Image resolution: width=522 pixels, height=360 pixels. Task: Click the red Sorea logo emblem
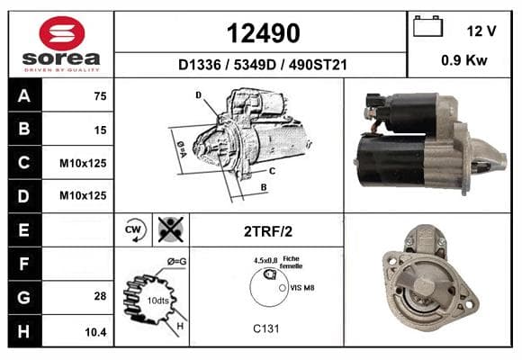[x=62, y=33]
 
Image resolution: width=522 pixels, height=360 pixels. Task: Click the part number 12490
[x=264, y=33]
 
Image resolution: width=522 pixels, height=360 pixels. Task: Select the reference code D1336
[x=200, y=65]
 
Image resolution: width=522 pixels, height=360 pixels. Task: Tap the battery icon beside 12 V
[x=427, y=26]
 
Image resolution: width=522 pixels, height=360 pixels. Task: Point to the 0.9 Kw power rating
[x=464, y=60]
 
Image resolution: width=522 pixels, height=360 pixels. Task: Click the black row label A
[x=24, y=95]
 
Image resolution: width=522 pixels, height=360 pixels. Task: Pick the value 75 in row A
[x=100, y=96]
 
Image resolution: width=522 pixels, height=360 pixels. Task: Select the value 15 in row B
[x=100, y=130]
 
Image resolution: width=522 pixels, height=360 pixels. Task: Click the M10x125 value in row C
[x=83, y=163]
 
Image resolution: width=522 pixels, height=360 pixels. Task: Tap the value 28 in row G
[x=100, y=296]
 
